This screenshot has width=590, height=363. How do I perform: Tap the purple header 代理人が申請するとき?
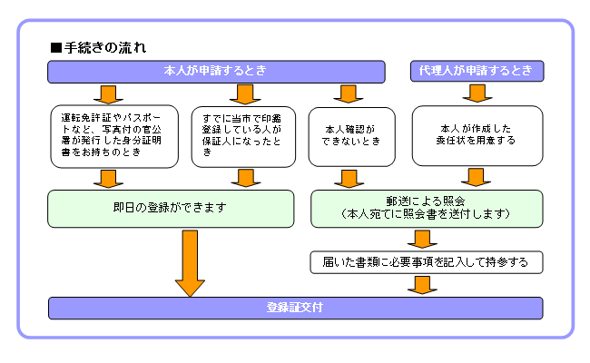point(477,71)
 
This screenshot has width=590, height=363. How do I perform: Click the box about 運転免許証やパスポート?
point(113,136)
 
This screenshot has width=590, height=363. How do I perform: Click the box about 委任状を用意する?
point(477,136)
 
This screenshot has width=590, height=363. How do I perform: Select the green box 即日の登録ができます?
point(171,208)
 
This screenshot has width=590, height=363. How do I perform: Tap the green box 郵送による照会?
point(426,208)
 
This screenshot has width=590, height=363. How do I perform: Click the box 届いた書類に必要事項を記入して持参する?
point(426,262)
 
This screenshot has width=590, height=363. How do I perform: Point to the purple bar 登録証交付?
point(295,308)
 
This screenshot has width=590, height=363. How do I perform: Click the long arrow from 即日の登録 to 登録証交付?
point(190,262)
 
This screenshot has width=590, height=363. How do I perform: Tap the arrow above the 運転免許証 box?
point(108,93)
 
